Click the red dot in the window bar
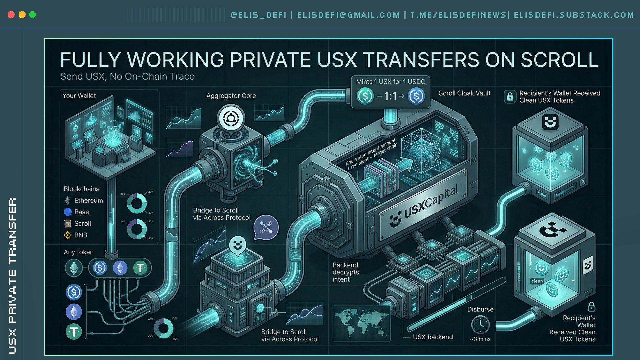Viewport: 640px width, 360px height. point(11,15)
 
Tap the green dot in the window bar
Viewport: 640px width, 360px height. point(32,15)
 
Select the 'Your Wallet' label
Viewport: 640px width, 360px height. point(79,96)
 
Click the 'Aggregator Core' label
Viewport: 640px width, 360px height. point(231,96)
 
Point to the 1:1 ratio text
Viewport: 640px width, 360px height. point(390,96)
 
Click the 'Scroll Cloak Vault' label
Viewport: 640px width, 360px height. point(464,93)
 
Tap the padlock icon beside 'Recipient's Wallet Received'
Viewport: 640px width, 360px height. point(510,97)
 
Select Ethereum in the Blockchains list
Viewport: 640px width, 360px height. point(88,200)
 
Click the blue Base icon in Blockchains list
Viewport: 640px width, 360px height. point(68,212)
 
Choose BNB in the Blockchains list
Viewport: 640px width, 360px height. point(81,235)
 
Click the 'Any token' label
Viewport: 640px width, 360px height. point(79,252)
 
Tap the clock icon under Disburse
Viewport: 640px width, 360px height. point(480,324)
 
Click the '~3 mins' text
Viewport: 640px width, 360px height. point(480,339)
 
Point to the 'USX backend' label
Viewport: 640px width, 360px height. point(433,337)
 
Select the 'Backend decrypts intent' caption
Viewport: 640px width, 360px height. point(345,272)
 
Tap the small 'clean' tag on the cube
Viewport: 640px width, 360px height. point(537,281)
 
